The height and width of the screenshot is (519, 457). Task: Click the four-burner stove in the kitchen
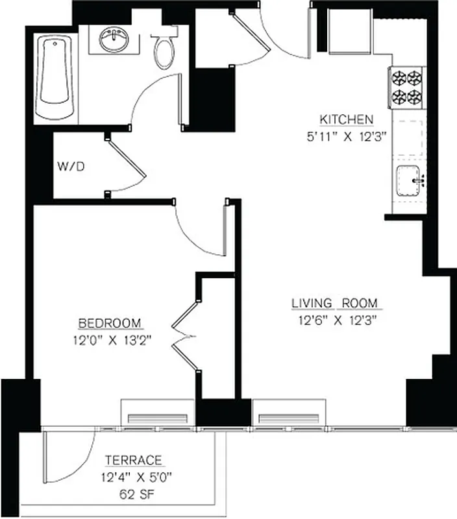(406, 88)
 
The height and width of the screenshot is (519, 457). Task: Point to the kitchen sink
(409, 179)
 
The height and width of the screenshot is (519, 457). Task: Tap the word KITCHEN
(346, 119)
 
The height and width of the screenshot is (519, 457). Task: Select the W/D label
(71, 167)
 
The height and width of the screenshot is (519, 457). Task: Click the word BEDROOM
(110, 323)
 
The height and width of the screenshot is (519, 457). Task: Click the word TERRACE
(133, 461)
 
